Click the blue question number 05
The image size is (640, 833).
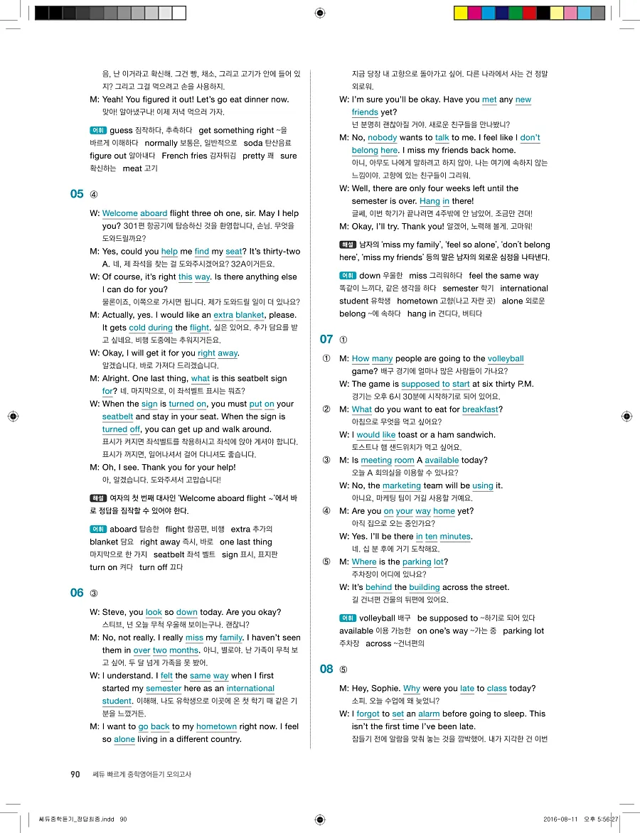click(77, 194)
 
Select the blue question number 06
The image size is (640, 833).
click(77, 593)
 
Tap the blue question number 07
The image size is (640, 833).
click(326, 339)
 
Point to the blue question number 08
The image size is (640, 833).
click(326, 669)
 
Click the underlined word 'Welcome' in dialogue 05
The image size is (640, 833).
click(120, 213)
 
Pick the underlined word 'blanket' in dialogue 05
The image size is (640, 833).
click(250, 315)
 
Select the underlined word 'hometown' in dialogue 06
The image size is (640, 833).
click(216, 726)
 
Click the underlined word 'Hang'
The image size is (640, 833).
click(430, 201)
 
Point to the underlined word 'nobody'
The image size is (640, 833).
click(382, 138)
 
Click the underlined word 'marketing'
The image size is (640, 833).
click(402, 485)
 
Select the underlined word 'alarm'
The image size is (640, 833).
click(429, 714)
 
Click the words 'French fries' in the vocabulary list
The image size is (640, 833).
click(185, 156)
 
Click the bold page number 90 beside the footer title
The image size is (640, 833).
click(75, 774)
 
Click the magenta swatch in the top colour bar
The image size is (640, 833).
click(474, 13)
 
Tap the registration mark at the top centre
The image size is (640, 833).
click(320, 13)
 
